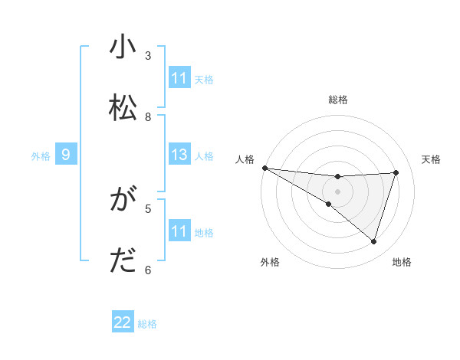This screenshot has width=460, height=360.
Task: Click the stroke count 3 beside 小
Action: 149,56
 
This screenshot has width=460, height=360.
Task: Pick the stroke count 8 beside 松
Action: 149,116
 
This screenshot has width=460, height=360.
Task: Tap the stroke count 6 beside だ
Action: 149,270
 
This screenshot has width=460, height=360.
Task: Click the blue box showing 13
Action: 179,155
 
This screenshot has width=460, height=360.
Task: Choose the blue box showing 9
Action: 66,155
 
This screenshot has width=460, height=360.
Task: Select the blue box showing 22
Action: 123,323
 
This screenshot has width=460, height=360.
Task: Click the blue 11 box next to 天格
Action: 179,78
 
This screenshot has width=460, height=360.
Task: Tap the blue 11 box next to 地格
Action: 179,232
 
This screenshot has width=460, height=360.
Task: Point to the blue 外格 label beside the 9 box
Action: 41,156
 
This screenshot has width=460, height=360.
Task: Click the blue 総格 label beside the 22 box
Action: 147,324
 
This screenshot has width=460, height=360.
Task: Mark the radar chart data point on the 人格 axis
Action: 264,168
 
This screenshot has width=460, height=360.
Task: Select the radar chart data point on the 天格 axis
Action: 396,172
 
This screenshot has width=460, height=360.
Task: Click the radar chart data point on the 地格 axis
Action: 374,242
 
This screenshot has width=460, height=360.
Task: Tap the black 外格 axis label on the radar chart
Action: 270,262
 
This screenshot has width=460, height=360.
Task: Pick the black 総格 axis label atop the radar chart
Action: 337,100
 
